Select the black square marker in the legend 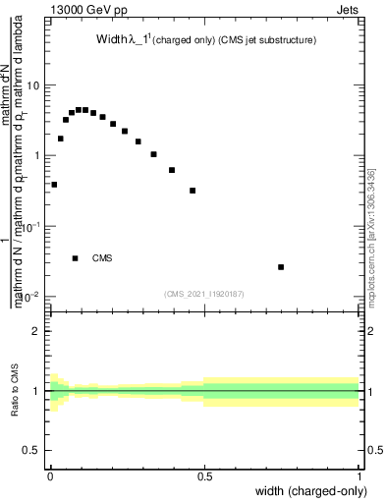76,258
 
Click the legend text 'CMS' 102,258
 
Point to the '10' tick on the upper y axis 33,85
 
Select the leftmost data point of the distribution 54,185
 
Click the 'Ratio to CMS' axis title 15,391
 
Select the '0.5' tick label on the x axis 205,476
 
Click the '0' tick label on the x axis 50,476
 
